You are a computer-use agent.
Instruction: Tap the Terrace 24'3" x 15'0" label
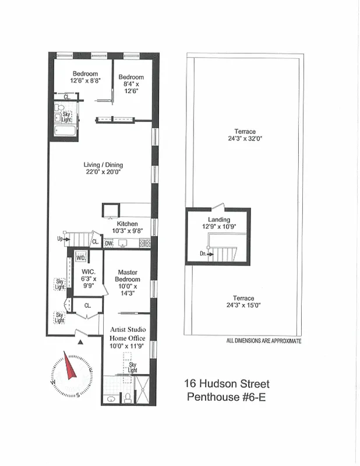pos(243,302)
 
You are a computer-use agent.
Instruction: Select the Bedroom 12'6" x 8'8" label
pos(84,77)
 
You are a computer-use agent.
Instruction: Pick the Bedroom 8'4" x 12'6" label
pos(131,84)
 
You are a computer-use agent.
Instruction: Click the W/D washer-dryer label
pos(80,257)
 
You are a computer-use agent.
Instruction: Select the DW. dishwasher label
pos(109,243)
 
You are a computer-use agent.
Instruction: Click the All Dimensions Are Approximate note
pos(263,341)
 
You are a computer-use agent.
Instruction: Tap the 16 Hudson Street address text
pos(227,384)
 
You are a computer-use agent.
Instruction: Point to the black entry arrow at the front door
pos(80,342)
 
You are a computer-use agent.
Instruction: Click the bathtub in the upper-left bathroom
pos(64,130)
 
